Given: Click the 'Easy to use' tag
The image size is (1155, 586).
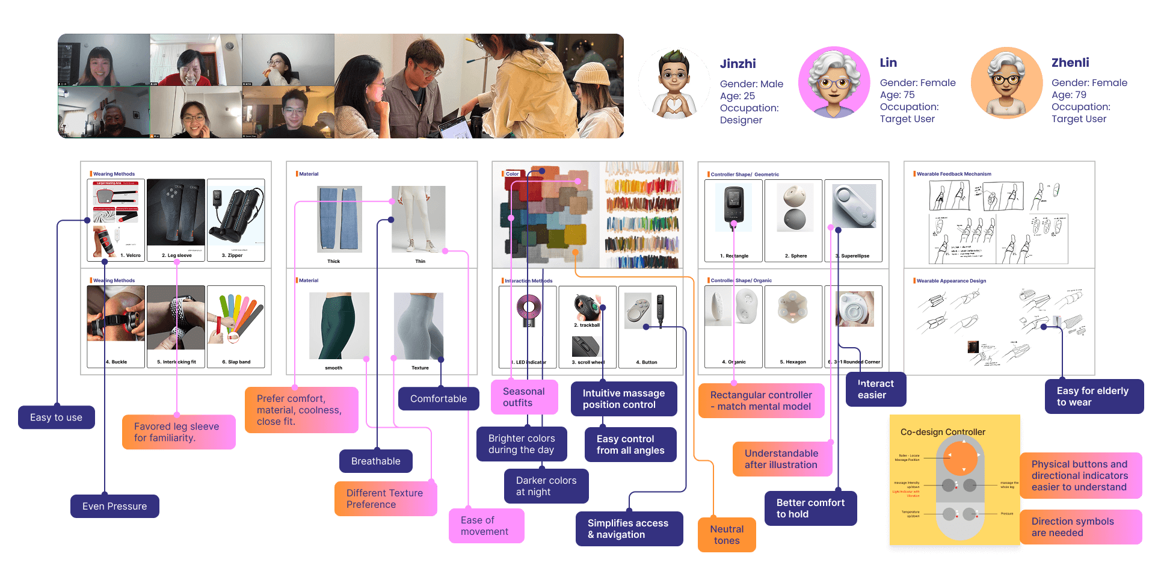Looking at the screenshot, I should pyautogui.click(x=56, y=418).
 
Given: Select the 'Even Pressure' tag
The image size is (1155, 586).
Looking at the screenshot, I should pyautogui.click(x=114, y=507).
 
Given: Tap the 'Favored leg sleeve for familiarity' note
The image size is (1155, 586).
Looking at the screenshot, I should pyautogui.click(x=179, y=432).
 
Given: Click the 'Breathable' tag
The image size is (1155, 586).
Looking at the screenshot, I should pyautogui.click(x=375, y=461).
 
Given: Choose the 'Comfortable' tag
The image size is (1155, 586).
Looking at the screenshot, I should pyautogui.click(x=438, y=399).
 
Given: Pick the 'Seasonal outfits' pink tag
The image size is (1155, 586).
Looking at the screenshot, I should pyautogui.click(x=524, y=397).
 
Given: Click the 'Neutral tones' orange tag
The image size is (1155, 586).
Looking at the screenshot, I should pyautogui.click(x=727, y=535).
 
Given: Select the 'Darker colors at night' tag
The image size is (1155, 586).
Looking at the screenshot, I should pyautogui.click(x=546, y=486).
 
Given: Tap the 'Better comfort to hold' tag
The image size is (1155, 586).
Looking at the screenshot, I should pyautogui.click(x=810, y=508).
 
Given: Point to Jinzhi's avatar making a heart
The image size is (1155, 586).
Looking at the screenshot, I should pyautogui.click(x=674, y=84).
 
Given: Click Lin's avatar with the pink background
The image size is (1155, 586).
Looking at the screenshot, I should pyautogui.click(x=834, y=82).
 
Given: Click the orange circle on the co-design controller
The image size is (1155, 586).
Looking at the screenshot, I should pyautogui.click(x=964, y=458).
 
